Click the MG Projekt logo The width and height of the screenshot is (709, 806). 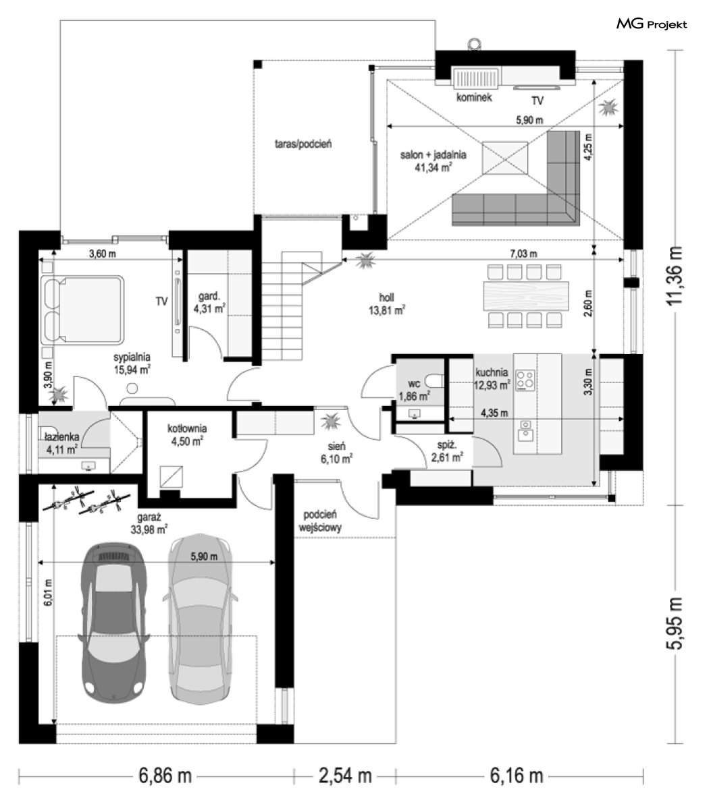[x=652, y=24]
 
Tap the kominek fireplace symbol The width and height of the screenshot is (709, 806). [x=475, y=78]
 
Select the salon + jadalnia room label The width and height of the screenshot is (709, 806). [x=434, y=161]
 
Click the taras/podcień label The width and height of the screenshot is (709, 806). [x=303, y=144]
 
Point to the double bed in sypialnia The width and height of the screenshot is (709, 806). [x=82, y=310]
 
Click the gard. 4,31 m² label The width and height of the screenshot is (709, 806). [x=209, y=303]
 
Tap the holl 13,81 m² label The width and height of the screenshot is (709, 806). [x=386, y=304]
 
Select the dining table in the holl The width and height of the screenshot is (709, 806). [x=526, y=296]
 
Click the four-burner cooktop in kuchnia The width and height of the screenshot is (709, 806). [x=525, y=380]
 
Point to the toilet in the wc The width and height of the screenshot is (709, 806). [x=436, y=381]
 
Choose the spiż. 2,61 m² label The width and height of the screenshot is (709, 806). [x=447, y=451]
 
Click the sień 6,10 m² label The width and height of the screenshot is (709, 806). [x=336, y=453]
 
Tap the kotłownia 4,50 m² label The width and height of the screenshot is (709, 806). [x=187, y=434]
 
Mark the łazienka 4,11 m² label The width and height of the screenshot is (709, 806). [x=61, y=443]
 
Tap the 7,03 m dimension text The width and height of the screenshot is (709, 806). [x=523, y=254]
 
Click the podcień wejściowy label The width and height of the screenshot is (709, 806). [x=319, y=521]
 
